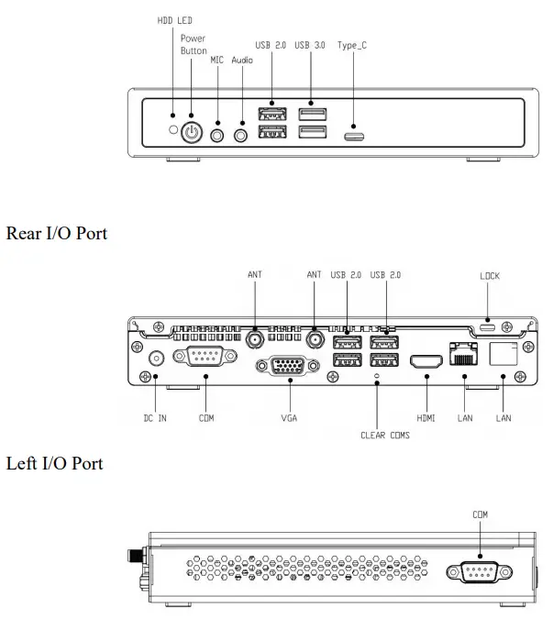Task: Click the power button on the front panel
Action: [x=191, y=132]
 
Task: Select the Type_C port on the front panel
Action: [x=353, y=137]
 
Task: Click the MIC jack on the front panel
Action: [x=217, y=134]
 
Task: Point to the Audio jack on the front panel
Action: [x=242, y=134]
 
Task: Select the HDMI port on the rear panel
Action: [x=426, y=362]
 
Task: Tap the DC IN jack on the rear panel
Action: [x=156, y=359]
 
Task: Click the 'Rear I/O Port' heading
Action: [x=57, y=234]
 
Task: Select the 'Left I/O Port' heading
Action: [x=55, y=463]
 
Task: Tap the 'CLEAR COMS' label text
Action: [x=384, y=435]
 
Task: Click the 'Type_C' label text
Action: [x=353, y=45]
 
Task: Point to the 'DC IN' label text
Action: [x=156, y=418]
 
